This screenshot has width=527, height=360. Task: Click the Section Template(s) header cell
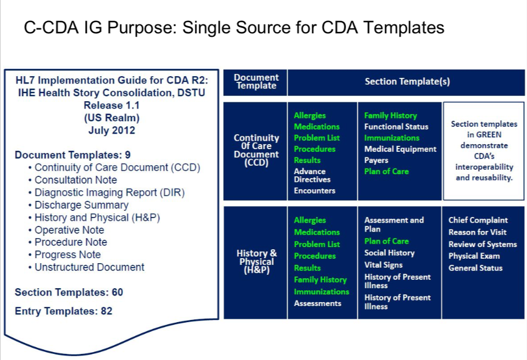click(407, 82)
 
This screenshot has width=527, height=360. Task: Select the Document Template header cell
click(255, 82)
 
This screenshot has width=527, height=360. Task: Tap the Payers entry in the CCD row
click(377, 160)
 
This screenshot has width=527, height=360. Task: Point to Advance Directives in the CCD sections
click(312, 175)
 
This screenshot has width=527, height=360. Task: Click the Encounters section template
click(314, 191)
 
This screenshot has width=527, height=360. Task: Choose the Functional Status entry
click(396, 127)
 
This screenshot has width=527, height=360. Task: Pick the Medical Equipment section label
click(400, 149)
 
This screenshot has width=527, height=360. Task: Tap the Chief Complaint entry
click(477, 220)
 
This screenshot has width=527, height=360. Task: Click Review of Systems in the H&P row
click(482, 244)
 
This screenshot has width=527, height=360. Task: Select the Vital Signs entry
click(383, 265)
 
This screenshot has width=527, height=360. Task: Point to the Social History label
click(389, 253)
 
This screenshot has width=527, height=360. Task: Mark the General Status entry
click(475, 268)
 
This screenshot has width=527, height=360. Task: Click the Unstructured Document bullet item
click(89, 267)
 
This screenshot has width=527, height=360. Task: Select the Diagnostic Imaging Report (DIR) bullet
click(109, 193)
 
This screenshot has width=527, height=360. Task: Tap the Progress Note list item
click(67, 255)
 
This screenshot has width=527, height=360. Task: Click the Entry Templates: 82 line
click(63, 311)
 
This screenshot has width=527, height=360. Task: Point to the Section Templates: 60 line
click(69, 292)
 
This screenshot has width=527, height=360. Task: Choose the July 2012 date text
click(111, 131)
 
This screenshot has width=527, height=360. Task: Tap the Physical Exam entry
click(474, 256)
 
